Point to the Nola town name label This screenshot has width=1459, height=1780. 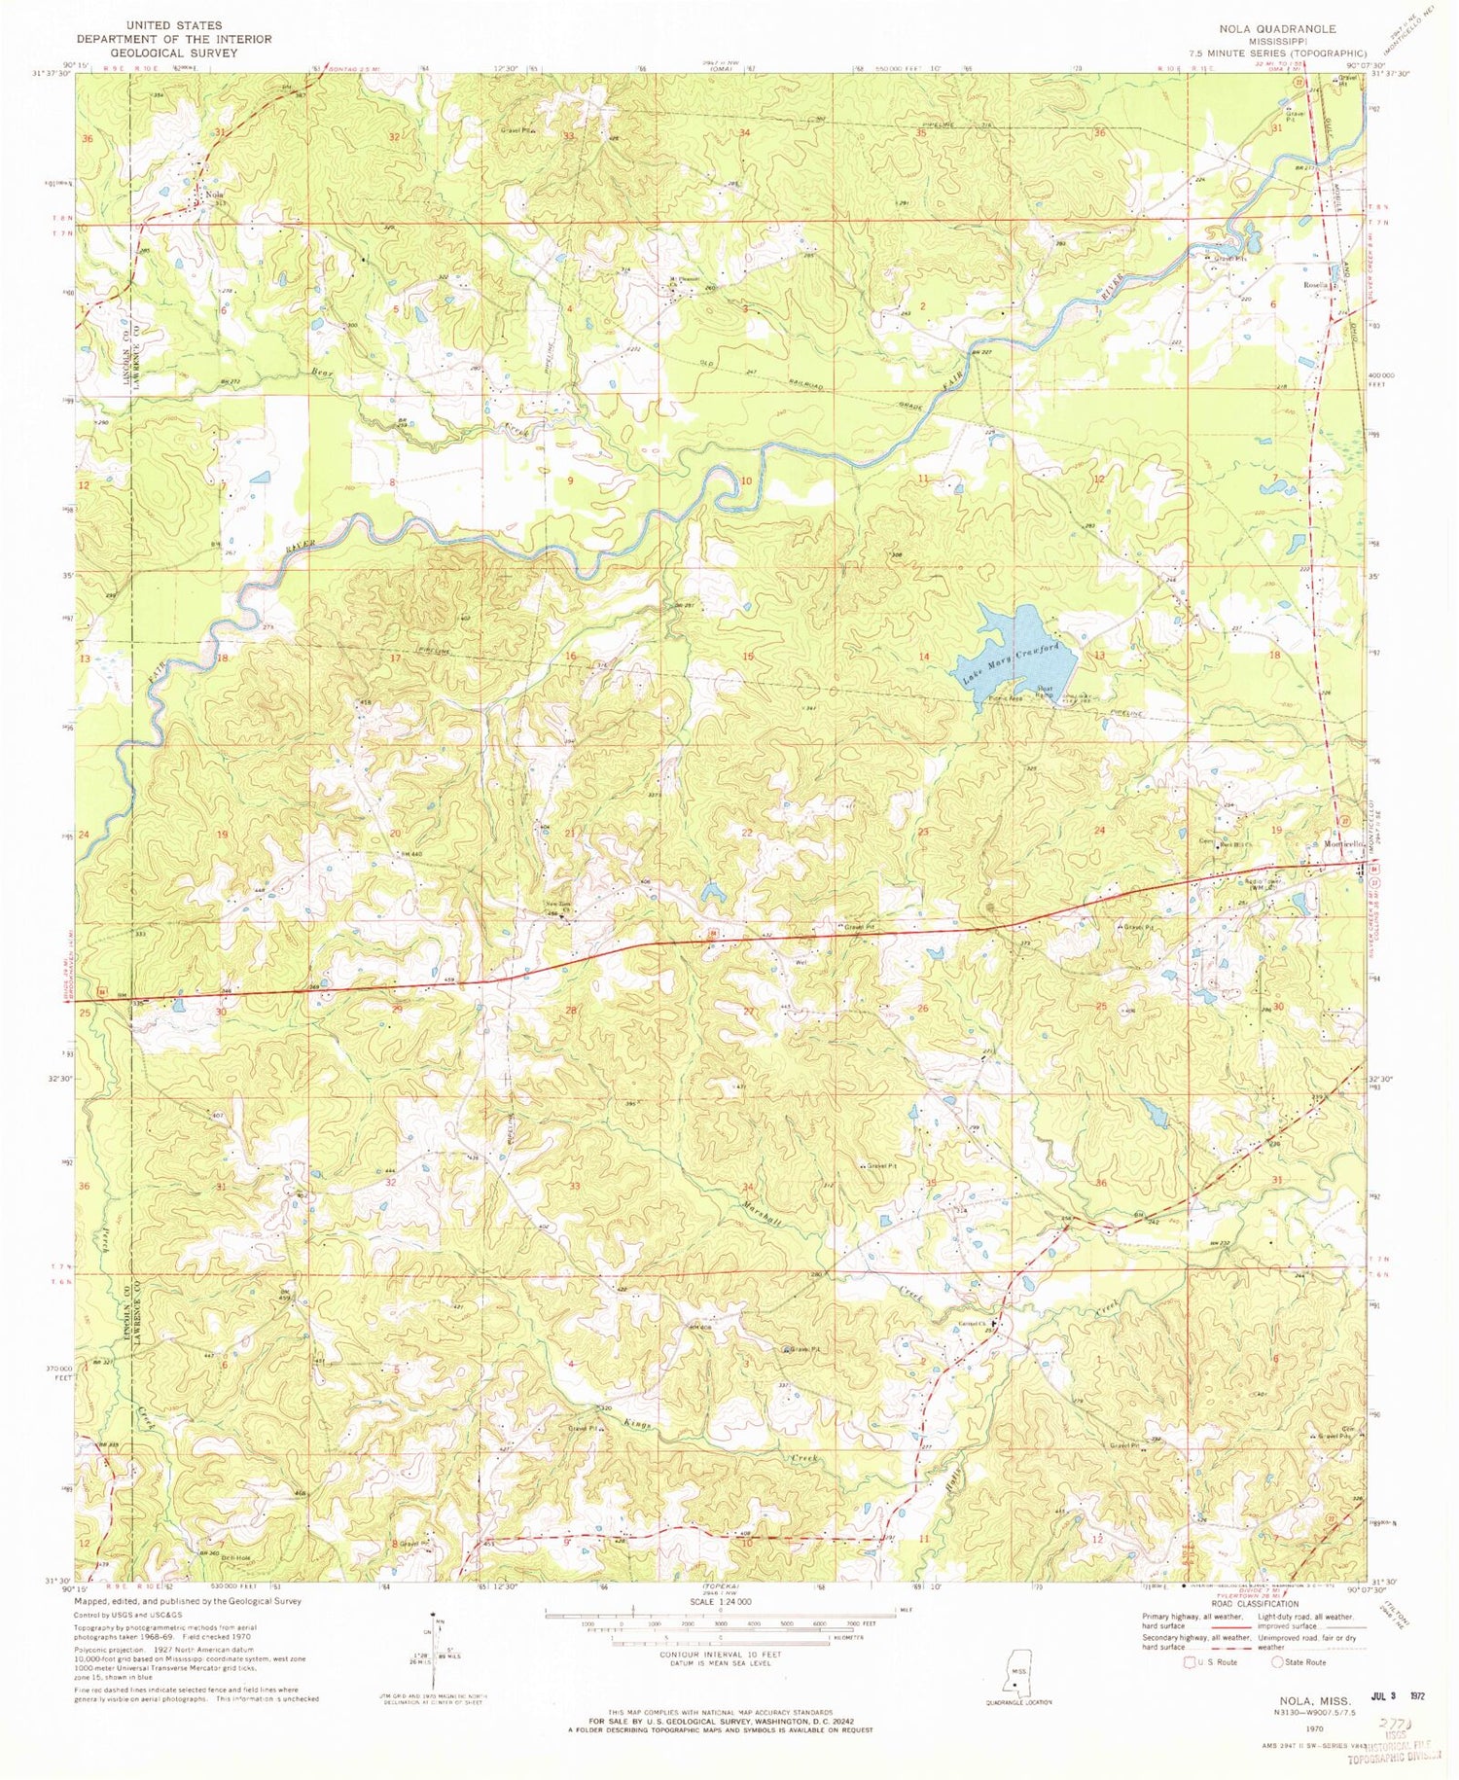coord(215,194)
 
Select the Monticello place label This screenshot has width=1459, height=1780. coord(1335,844)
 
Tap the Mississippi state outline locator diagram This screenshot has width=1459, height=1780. coord(1017,1672)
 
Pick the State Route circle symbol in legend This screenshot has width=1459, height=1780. coord(1278,1661)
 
